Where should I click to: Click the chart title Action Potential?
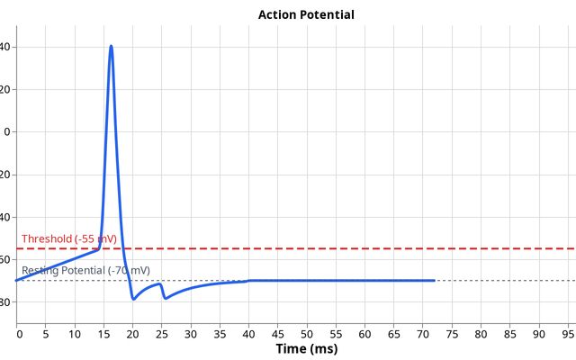(x=306, y=14)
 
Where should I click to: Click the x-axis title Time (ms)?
(x=306, y=349)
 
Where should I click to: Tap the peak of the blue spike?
(x=111, y=45)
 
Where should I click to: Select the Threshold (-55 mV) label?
(x=68, y=238)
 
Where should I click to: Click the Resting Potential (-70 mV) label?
(x=85, y=270)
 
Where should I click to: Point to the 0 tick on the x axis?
(x=19, y=333)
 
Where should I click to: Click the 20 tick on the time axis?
(x=132, y=333)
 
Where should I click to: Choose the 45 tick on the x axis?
(x=277, y=333)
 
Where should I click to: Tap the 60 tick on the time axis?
(x=364, y=333)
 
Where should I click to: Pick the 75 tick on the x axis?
(x=452, y=333)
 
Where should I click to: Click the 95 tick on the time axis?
(x=568, y=333)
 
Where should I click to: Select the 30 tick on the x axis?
(x=190, y=333)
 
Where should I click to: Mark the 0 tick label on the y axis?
(x=8, y=132)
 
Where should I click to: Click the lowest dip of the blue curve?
(x=133, y=298)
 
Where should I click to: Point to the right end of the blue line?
(x=435, y=281)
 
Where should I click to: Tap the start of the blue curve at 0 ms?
(x=17, y=281)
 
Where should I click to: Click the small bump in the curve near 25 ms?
(x=160, y=284)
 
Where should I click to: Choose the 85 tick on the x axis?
(x=509, y=333)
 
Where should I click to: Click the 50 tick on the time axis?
(x=306, y=333)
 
